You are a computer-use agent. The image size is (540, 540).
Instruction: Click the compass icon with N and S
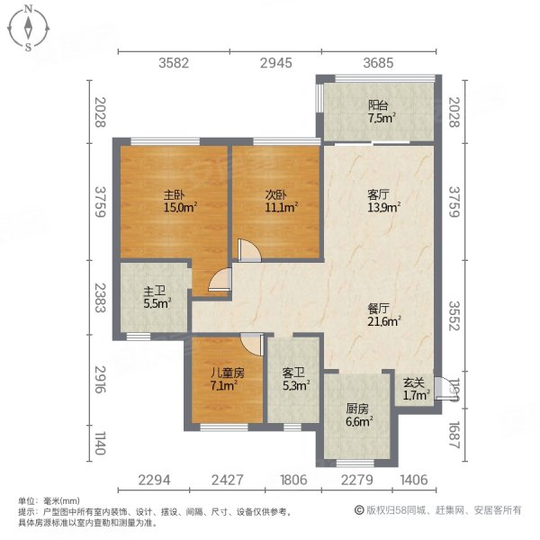point(30,28)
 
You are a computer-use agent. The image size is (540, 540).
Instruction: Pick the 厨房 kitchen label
point(357,407)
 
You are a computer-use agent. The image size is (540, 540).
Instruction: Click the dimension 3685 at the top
point(379,63)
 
